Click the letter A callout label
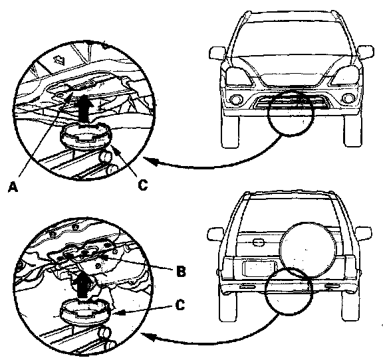point(13,187)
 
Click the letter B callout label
point(181,271)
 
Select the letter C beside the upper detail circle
point(143,185)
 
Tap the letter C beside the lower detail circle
point(180,305)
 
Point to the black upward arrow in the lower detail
point(83,286)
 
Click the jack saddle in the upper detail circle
point(84,135)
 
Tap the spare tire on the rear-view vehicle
point(308,250)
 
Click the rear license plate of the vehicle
point(259,268)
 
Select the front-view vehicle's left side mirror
point(217,53)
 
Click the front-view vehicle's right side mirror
point(366,52)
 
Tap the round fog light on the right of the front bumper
point(347,98)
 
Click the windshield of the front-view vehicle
point(292,39)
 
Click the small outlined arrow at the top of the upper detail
point(59,60)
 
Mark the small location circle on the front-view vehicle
point(291,112)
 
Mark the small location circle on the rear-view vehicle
point(289,291)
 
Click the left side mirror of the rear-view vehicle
point(215,234)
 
